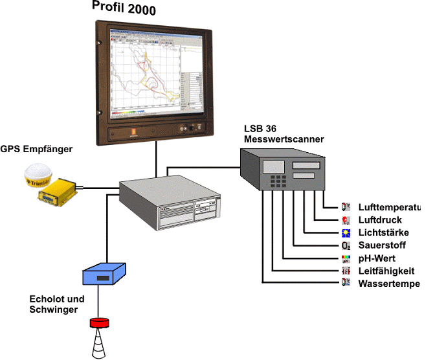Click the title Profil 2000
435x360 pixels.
[124, 9]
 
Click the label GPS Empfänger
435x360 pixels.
[36, 150]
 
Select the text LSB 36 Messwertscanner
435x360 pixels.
[284, 134]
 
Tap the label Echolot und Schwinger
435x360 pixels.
[57, 304]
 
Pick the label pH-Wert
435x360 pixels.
[378, 258]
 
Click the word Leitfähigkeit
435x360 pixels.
[386, 271]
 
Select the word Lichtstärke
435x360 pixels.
[383, 233]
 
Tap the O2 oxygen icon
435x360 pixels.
[346, 245]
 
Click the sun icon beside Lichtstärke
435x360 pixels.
[346, 233]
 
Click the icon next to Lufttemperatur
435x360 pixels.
[346, 207]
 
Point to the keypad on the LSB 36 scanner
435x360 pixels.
[279, 181]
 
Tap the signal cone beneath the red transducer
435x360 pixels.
[98, 343]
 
